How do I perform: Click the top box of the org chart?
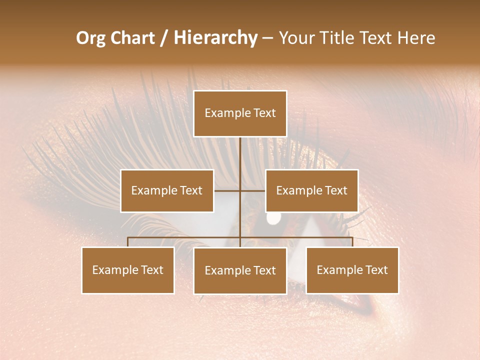(x=240, y=113)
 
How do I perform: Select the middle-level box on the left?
(x=167, y=190)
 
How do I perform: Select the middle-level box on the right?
(x=311, y=190)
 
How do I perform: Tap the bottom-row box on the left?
(x=128, y=270)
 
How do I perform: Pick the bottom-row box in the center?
(x=240, y=271)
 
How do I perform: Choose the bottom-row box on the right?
(x=352, y=270)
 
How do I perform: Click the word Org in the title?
(x=91, y=38)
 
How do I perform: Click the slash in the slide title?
(x=163, y=38)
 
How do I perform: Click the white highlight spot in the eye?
(x=273, y=218)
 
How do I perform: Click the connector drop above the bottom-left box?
(x=128, y=242)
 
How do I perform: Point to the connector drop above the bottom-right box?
(x=352, y=242)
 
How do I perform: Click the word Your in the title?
(x=294, y=38)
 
